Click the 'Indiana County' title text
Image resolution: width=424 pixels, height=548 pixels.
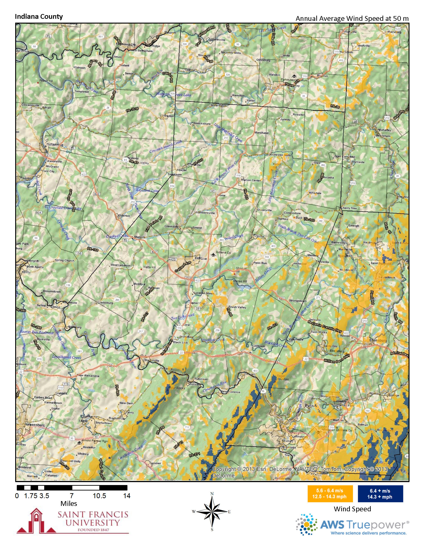(39, 17)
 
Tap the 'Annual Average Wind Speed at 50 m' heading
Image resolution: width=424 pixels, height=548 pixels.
(352, 19)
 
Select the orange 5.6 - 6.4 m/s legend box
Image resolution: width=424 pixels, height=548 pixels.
(330, 494)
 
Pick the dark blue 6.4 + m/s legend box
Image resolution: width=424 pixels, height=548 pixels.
(380, 494)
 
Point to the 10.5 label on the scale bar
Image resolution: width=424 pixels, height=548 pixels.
(100, 496)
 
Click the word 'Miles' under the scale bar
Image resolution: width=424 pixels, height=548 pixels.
(68, 504)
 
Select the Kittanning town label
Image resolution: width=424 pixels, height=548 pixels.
(55, 145)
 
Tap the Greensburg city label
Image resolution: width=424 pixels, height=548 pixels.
(35, 425)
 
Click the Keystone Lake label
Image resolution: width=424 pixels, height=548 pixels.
(147, 190)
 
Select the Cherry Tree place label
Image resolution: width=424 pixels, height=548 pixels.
(349, 208)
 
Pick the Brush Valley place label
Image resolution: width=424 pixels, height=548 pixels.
(237, 307)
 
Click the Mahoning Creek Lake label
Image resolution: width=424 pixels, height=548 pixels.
(173, 95)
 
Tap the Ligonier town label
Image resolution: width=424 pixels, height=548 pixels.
(155, 463)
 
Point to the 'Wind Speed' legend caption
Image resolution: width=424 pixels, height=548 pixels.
(352, 509)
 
